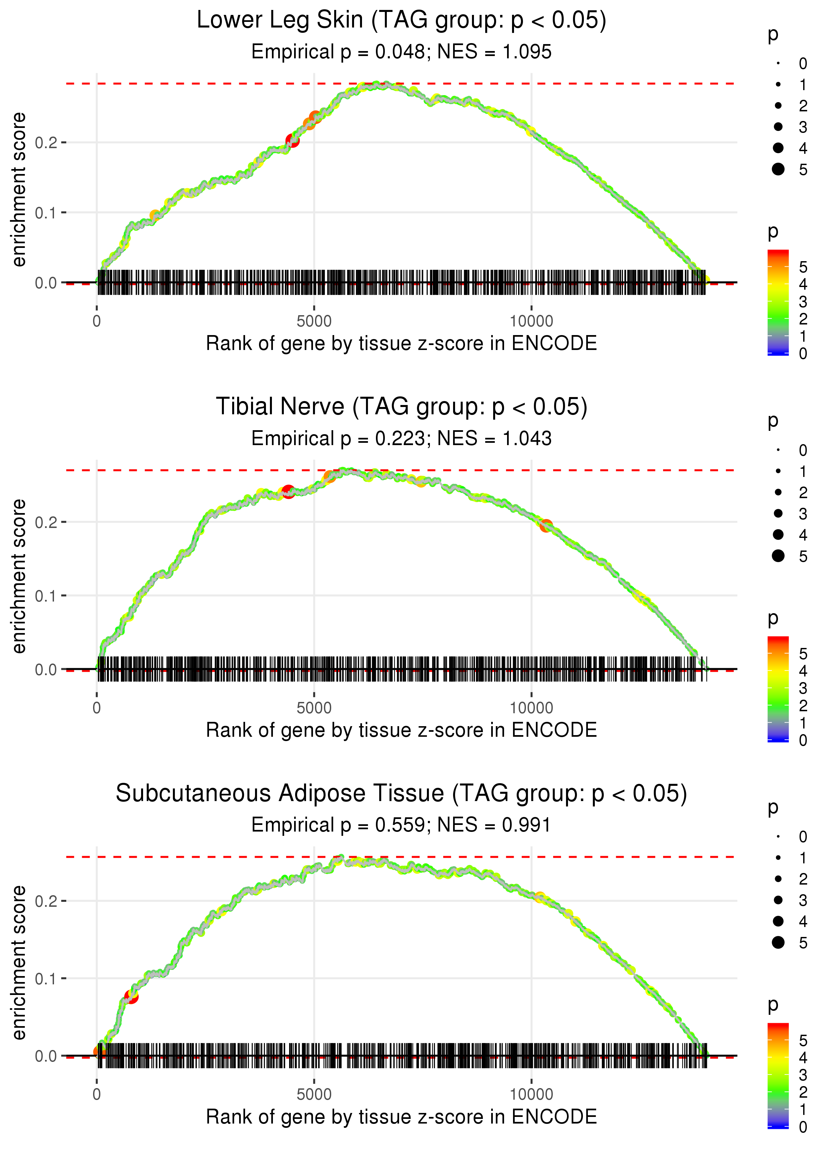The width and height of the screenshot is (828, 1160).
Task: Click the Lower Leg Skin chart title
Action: click(401, 21)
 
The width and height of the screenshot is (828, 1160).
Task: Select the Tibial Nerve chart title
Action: click(401, 407)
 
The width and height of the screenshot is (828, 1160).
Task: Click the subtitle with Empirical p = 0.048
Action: click(401, 52)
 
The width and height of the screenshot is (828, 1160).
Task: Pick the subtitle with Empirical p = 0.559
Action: click(401, 825)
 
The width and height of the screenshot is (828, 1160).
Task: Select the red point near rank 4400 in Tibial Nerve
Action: click(288, 492)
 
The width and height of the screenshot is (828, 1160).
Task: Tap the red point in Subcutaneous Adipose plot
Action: click(131, 996)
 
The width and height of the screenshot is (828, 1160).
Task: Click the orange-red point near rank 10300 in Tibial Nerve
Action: click(546, 525)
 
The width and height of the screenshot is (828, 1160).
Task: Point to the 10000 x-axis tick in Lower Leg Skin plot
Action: click(531, 321)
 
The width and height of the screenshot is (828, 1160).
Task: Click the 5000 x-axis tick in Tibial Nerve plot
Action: click(314, 708)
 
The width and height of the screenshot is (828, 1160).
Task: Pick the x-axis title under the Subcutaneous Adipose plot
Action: click(401, 1117)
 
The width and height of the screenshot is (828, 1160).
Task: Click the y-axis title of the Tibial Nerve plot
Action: click(19, 576)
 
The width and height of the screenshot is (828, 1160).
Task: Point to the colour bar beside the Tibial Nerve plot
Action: click(778, 689)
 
